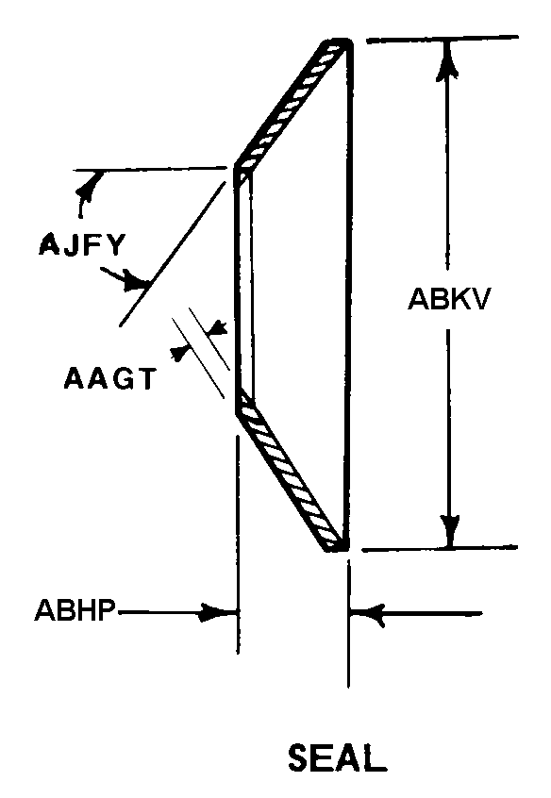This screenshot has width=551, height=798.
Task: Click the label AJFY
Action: (x=81, y=245)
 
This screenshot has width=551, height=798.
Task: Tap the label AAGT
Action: (x=109, y=378)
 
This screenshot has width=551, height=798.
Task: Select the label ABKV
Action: (x=448, y=299)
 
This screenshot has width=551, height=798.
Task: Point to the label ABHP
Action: (x=75, y=609)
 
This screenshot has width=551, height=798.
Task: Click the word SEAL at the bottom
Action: (x=337, y=758)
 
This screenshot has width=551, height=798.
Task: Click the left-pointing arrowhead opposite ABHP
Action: (x=368, y=615)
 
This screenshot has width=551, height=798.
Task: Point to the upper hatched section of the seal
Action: (x=291, y=105)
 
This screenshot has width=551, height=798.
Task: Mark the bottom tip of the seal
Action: (x=336, y=549)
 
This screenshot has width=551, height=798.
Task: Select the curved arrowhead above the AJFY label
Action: (x=87, y=187)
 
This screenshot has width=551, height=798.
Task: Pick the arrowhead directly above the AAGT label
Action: (x=217, y=327)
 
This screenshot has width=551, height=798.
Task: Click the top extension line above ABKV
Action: (x=442, y=39)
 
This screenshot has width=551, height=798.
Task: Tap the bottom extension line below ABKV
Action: (x=440, y=549)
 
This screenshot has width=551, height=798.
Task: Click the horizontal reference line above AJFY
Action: (x=150, y=169)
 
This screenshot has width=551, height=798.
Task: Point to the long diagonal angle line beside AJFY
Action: (x=172, y=254)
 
